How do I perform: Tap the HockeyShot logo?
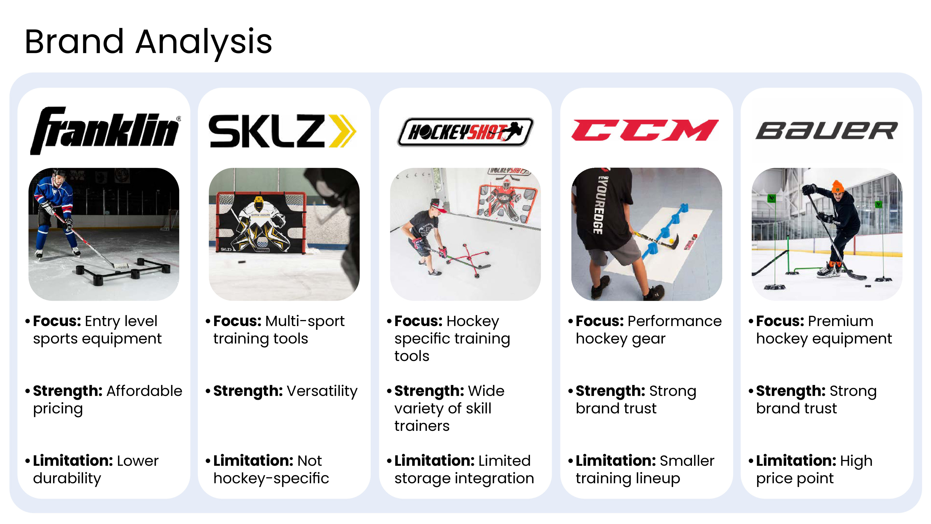[x=465, y=132]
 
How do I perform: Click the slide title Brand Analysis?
[x=148, y=42]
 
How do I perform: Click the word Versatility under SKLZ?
[x=322, y=391]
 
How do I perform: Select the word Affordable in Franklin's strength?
[x=144, y=391]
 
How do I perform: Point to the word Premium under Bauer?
[x=841, y=321]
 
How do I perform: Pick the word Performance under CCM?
[x=675, y=321]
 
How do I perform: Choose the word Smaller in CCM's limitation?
[x=687, y=461]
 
